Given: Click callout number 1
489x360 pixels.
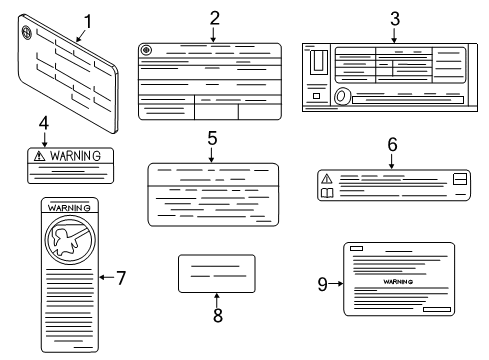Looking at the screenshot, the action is pyautogui.click(x=88, y=22).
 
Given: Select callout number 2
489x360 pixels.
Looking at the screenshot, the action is pyautogui.click(x=215, y=18).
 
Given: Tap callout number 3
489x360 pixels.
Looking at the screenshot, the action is pyautogui.click(x=395, y=19).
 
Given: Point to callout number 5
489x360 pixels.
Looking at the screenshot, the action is pyautogui.click(x=212, y=138).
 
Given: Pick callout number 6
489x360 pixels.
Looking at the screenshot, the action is pyautogui.click(x=392, y=145).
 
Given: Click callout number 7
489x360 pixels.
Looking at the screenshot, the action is pyautogui.click(x=121, y=278).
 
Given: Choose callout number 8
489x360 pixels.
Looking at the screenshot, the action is pyautogui.click(x=218, y=315).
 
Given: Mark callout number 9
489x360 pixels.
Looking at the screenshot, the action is pyautogui.click(x=322, y=284).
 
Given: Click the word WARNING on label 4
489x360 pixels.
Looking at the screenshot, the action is pyautogui.click(x=75, y=156).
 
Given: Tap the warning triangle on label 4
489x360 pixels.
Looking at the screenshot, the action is pyautogui.click(x=39, y=156).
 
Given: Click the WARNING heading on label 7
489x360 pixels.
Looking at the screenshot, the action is pyautogui.click(x=69, y=208).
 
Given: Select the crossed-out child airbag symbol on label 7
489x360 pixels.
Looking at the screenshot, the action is pyautogui.click(x=70, y=240).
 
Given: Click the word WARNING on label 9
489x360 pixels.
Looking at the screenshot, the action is pyautogui.click(x=398, y=282).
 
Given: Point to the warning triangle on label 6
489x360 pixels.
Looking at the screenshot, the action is pyautogui.click(x=327, y=179).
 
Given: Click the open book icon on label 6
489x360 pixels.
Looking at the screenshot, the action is pyautogui.click(x=327, y=193).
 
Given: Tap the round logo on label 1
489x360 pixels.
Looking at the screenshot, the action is pyautogui.click(x=26, y=32).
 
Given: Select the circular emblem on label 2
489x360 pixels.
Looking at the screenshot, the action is pyautogui.click(x=146, y=50).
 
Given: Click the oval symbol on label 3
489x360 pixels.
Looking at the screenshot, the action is pyautogui.click(x=342, y=96).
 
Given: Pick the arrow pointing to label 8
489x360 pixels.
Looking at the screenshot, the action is pyautogui.click(x=217, y=300).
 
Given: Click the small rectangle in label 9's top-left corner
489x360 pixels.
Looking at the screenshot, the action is pyautogui.click(x=356, y=248).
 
